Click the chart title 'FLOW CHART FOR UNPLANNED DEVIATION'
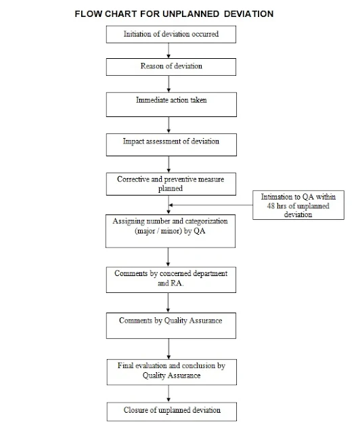(170, 13)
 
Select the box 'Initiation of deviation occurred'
(171, 34)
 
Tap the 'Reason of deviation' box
(171, 66)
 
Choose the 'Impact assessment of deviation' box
(171, 143)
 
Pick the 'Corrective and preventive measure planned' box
(171, 183)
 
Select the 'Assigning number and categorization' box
(171, 229)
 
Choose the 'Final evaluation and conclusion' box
(171, 370)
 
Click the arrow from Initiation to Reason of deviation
(171, 50)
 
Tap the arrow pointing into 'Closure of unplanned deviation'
(171, 393)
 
